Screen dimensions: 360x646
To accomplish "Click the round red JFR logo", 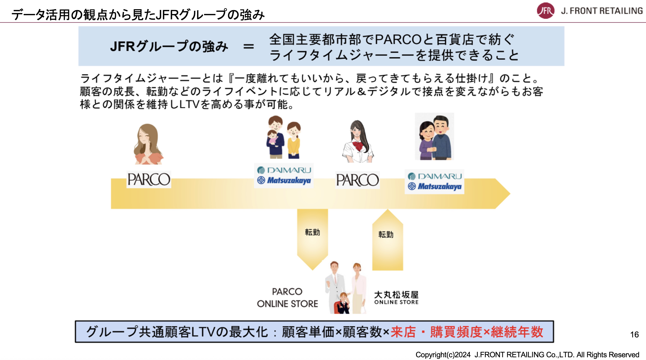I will [545, 11].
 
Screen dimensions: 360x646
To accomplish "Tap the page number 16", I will [634, 334].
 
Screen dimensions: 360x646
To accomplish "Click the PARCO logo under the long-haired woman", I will [149, 179].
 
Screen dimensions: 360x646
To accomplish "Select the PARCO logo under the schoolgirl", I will [357, 180].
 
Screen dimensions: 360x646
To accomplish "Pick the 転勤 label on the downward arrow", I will [312, 232].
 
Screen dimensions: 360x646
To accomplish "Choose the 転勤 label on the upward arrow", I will [386, 234].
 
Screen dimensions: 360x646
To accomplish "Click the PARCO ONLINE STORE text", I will [287, 298].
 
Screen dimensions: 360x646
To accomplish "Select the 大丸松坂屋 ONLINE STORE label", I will [396, 298].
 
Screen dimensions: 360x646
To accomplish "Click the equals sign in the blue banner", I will [248, 47].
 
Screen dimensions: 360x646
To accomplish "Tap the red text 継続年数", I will [517, 332].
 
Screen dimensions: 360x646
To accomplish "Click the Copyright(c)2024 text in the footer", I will [443, 355].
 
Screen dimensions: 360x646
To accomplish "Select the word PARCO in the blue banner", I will [398, 40].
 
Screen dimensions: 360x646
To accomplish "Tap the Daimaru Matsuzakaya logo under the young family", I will [284, 175].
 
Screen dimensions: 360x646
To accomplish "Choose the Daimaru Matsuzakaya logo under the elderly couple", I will [435, 181].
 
